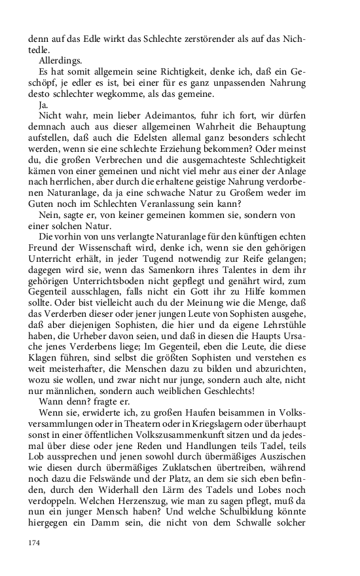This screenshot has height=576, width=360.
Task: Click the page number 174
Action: pyautogui.click(x=34, y=542)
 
